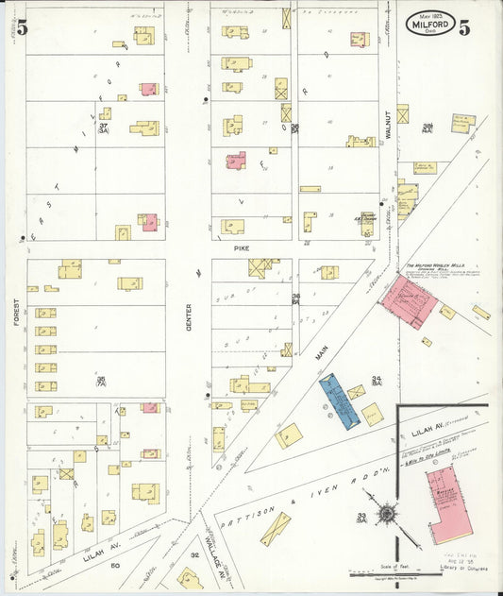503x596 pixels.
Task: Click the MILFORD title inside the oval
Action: [x=430, y=26]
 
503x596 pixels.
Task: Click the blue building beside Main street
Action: [x=339, y=402]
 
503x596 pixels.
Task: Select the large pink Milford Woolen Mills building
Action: [x=408, y=302]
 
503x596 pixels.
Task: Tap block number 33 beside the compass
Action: [x=362, y=516]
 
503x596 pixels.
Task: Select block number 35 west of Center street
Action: [x=100, y=380]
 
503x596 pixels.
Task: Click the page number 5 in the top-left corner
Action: [x=21, y=26]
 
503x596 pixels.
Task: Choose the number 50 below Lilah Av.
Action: [x=115, y=565]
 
